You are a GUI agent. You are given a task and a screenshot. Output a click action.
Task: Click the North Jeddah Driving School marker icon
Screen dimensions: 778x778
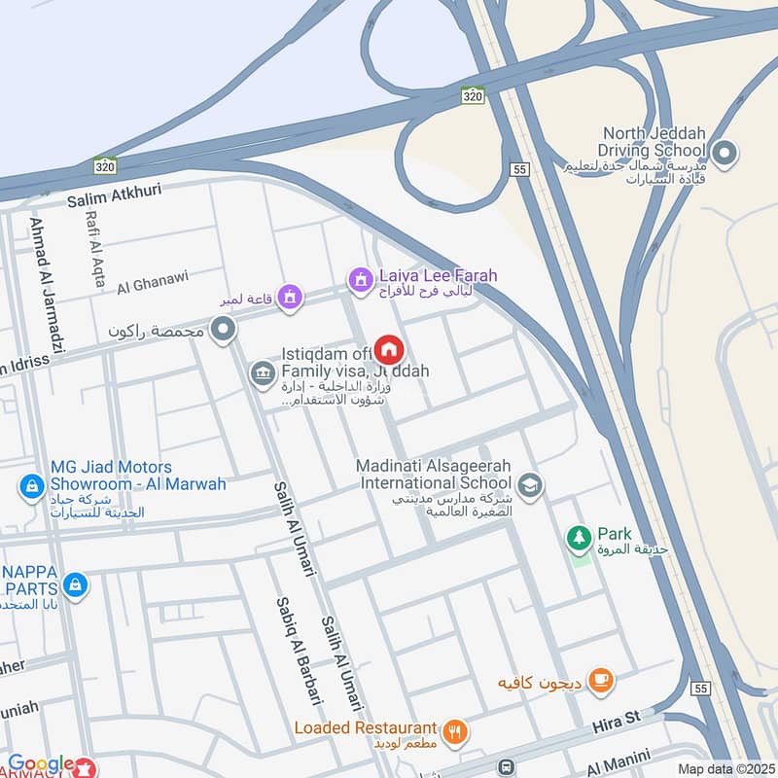[723, 152]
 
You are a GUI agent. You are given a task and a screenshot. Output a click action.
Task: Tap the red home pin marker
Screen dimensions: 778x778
[390, 349]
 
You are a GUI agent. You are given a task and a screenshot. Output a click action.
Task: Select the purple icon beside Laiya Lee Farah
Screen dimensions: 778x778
[360, 280]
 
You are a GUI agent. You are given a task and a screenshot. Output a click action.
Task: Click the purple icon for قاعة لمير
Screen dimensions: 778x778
[288, 298]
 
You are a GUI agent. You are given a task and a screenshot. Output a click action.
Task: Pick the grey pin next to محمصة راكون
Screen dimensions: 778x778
[224, 331]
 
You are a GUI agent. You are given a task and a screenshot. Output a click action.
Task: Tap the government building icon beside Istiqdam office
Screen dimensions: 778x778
[262, 371]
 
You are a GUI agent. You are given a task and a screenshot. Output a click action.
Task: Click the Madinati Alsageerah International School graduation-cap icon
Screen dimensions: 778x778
[530, 483]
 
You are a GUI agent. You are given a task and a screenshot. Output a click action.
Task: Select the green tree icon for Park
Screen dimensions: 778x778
[579, 536]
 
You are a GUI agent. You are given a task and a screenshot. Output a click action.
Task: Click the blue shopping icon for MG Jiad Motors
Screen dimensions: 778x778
[31, 483]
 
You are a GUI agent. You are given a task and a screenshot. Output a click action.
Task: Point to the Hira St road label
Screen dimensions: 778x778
[619, 721]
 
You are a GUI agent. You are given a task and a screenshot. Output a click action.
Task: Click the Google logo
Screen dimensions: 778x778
[41, 764]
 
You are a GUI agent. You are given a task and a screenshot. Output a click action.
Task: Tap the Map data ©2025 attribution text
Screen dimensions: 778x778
[724, 769]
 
